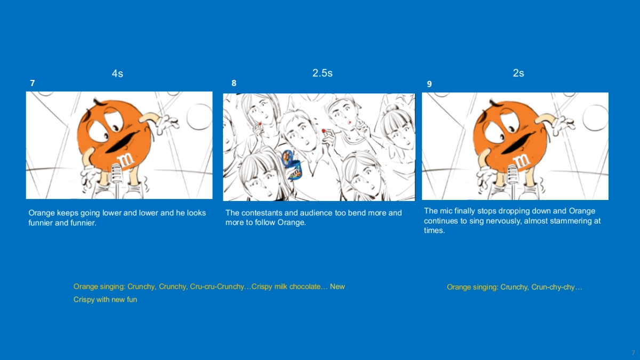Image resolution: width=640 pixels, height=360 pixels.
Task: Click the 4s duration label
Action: coord(117,74)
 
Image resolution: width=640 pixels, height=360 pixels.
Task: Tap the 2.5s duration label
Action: coord(322,73)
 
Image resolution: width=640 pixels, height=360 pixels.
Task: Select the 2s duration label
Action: coord(518,73)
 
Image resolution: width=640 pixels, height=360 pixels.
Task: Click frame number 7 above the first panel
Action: coord(33,83)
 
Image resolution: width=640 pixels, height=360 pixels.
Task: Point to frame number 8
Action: coord(234,83)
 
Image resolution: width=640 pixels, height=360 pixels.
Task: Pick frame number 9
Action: coord(429,84)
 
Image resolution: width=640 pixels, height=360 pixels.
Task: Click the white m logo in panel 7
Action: coord(126,159)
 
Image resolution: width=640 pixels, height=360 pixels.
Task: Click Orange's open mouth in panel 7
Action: coord(122,142)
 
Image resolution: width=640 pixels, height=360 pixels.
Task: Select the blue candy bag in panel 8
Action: coord(291,165)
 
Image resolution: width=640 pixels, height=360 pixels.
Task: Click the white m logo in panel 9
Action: coord(522,161)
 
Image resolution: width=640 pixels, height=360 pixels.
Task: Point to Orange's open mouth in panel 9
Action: coord(518,143)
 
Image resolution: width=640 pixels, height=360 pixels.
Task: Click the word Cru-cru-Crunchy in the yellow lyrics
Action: coord(217,286)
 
